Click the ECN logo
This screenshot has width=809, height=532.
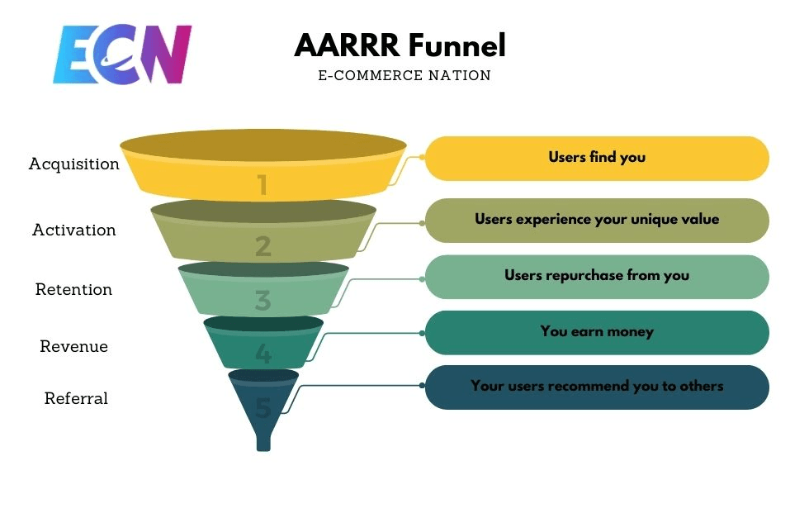[122, 55]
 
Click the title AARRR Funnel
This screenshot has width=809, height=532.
[400, 45]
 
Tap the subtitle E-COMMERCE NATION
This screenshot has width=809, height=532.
[404, 76]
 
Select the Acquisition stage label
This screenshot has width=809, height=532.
[74, 164]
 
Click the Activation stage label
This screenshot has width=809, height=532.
[74, 230]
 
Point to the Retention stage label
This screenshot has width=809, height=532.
[73, 289]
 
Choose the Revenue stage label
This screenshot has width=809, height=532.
[73, 346]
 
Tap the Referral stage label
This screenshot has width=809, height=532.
[76, 398]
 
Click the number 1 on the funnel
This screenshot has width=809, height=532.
[263, 185]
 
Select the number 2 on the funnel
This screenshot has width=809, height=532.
[263, 246]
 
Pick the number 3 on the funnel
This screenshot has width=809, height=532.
[263, 301]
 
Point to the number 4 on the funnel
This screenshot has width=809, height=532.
[263, 354]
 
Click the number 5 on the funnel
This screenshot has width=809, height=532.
[263, 407]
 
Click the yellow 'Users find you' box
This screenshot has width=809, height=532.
[597, 158]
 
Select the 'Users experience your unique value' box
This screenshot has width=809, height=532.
[597, 220]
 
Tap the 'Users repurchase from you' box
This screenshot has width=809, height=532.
[597, 276]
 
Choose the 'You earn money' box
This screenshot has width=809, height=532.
[597, 332]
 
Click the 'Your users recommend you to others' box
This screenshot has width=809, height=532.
[597, 387]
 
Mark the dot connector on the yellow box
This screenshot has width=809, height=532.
[422, 156]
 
